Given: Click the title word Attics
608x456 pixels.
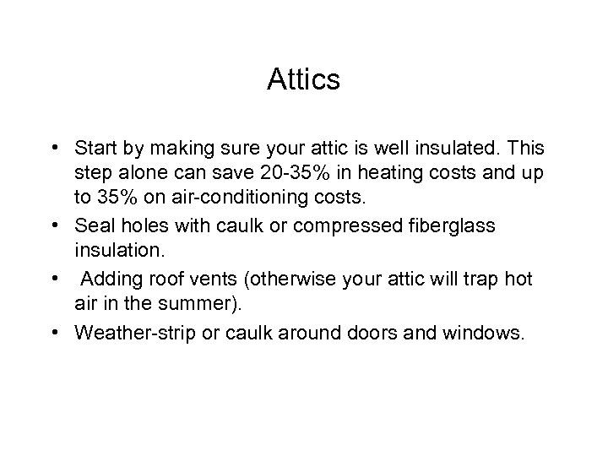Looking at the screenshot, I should [303, 80].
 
